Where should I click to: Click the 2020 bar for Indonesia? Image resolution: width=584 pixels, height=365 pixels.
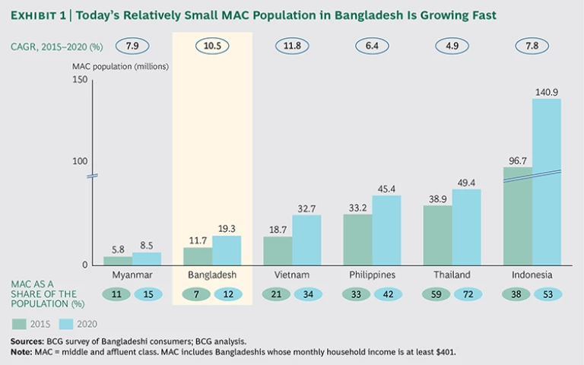pyautogui.click(x=547, y=182)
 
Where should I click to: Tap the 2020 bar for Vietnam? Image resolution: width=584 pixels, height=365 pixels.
pyautogui.click(x=306, y=240)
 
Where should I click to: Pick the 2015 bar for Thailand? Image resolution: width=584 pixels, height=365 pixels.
pyautogui.click(x=438, y=235)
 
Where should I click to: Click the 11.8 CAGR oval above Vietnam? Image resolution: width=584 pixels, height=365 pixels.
pyautogui.click(x=292, y=46)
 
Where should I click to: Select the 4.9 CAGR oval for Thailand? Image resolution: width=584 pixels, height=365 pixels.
pyautogui.click(x=452, y=46)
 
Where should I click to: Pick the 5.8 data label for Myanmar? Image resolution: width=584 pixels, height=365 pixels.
pyautogui.click(x=118, y=249)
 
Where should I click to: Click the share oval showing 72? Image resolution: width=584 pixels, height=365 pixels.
pyautogui.click(x=468, y=294)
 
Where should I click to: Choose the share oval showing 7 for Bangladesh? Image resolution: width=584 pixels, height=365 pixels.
pyautogui.click(x=198, y=294)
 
